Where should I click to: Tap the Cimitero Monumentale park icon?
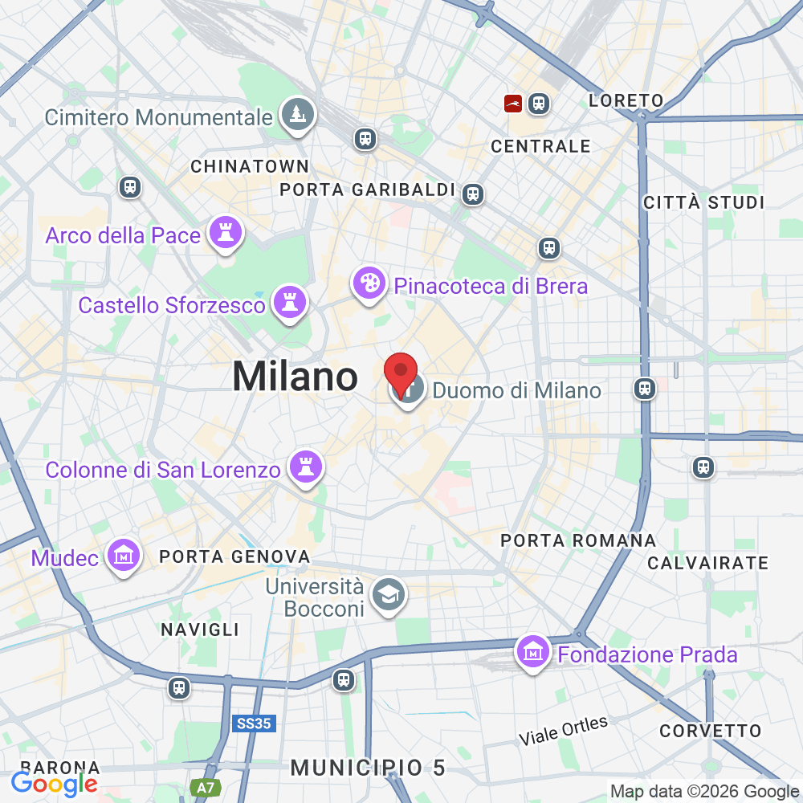298,114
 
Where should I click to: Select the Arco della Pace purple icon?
225,234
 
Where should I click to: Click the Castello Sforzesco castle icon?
288,303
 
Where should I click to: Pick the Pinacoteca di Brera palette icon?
369,283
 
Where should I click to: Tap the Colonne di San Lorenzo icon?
305,467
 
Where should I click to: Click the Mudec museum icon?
124,555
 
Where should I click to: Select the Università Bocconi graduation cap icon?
391,595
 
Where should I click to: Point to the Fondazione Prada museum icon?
534,652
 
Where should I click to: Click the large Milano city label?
295,377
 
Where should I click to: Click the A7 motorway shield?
206,788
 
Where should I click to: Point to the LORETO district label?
626,101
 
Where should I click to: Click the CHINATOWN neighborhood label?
250,166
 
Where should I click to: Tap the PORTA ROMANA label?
578,540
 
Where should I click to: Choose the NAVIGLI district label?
200,629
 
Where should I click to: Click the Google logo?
55,784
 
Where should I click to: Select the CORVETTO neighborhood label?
710,731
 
